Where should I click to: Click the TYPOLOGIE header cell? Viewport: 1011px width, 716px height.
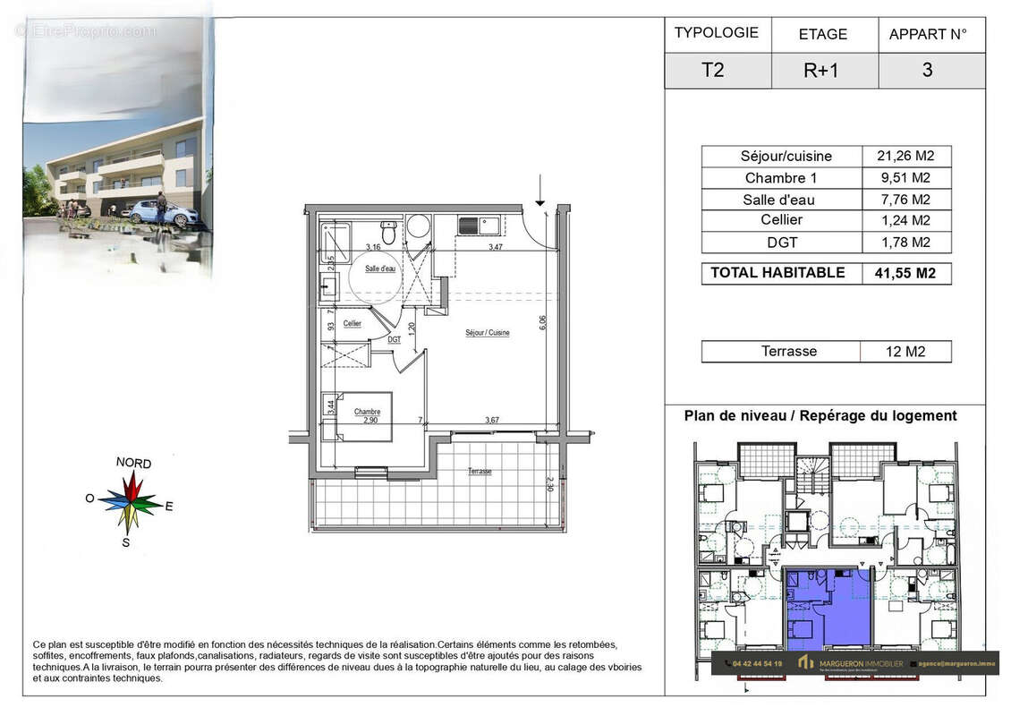click(717, 33)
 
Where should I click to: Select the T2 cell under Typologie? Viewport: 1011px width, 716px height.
click(713, 71)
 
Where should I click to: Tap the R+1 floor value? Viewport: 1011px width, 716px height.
click(821, 71)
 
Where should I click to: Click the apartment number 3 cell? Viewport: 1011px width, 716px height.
click(927, 71)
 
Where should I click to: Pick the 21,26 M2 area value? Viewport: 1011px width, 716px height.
click(905, 156)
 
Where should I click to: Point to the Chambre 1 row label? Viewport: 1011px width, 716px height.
click(780, 177)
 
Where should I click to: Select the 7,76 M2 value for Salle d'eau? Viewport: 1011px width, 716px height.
click(905, 200)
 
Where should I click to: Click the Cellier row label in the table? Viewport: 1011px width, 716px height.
click(780, 220)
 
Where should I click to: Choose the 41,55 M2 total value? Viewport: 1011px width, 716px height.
click(905, 274)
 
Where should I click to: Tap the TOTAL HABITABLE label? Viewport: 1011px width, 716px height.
click(777, 273)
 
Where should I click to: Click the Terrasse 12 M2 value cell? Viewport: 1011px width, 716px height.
click(905, 352)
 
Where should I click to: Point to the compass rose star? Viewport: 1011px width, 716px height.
click(132, 504)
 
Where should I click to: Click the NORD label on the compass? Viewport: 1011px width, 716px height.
click(133, 464)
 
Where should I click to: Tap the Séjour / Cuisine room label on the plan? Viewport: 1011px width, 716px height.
click(488, 333)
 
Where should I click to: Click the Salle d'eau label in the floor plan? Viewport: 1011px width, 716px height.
click(380, 268)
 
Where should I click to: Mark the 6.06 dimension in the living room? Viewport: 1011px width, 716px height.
click(542, 323)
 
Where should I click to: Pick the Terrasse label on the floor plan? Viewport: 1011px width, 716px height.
click(479, 472)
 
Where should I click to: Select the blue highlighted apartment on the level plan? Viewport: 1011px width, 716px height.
click(827, 609)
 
